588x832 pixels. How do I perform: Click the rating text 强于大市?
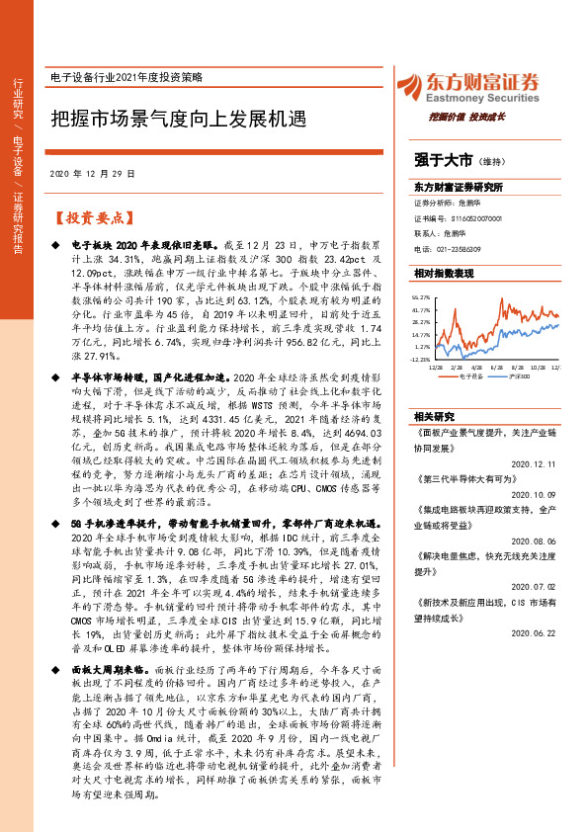443,159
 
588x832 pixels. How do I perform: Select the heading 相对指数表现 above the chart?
444,273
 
